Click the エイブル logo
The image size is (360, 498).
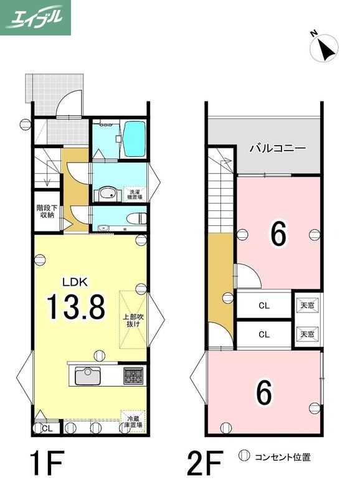click(x=36, y=17)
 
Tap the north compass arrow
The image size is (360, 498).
click(x=326, y=48)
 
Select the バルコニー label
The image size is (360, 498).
click(x=277, y=149)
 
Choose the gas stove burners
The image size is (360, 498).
click(x=133, y=375)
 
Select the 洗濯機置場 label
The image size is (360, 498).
click(x=135, y=193)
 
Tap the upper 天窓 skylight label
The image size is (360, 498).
click(x=307, y=305)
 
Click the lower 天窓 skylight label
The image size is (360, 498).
click(x=307, y=334)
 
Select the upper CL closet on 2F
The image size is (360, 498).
click(x=263, y=306)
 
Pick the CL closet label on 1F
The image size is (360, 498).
click(x=47, y=428)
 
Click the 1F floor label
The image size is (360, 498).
click(x=48, y=463)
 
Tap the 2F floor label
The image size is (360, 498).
click(x=205, y=463)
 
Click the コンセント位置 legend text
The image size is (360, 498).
click(x=282, y=458)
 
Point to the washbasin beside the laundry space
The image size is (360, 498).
click(x=107, y=194)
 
